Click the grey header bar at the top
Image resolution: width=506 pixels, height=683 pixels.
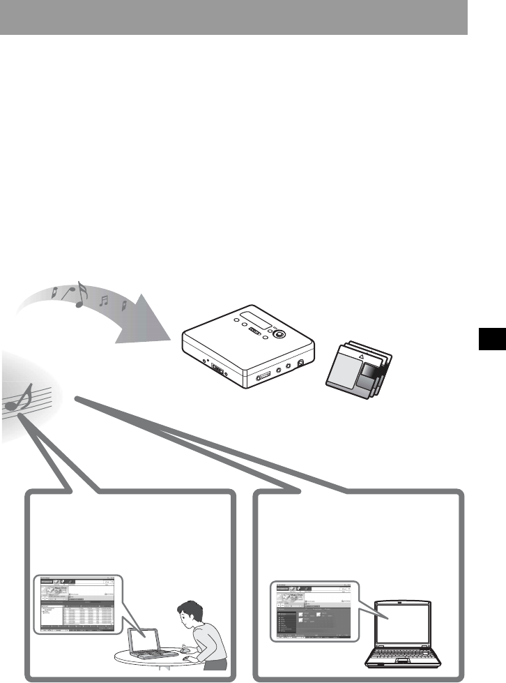point(233,17)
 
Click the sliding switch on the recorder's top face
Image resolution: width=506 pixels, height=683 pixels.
point(256,332)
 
